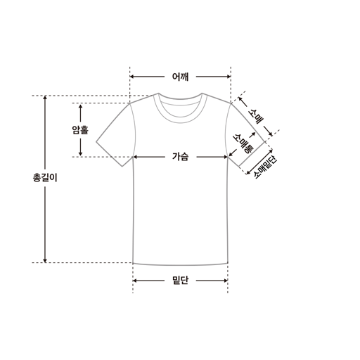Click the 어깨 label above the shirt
180,77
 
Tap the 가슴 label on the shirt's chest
180,157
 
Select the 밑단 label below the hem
180,281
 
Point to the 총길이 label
45,177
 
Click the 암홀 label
80,130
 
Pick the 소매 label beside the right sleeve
256,116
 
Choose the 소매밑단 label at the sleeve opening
265,167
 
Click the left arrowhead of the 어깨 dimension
132,77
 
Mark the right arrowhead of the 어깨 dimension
229,77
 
